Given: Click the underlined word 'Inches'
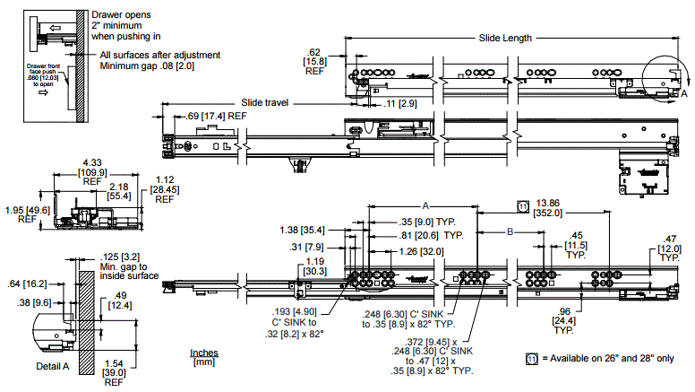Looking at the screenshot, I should click(x=205, y=353).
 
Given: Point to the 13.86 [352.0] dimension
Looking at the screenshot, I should click(x=549, y=207).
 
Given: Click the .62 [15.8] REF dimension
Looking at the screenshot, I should click(x=313, y=62).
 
